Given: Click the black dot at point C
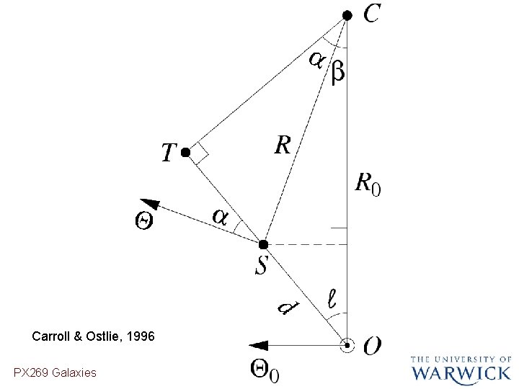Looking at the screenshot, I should click(347, 15).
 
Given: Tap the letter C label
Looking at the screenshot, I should click(373, 14).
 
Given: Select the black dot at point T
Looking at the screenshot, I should click(185, 153).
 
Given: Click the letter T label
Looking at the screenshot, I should click(168, 153).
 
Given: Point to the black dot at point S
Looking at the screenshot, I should click(264, 244).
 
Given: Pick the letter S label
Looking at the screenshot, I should click(260, 266).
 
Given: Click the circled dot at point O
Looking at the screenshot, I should click(347, 346).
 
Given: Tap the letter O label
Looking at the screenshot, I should click(373, 346).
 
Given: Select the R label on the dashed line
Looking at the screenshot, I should click(283, 146).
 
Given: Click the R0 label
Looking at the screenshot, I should click(368, 184).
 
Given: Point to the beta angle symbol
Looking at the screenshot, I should click(337, 73).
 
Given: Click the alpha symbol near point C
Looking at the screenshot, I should click(316, 61).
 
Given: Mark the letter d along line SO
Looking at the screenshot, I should click(287, 308).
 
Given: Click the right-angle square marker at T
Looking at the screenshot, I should click(200, 153).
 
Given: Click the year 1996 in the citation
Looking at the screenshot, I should click(140, 336).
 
